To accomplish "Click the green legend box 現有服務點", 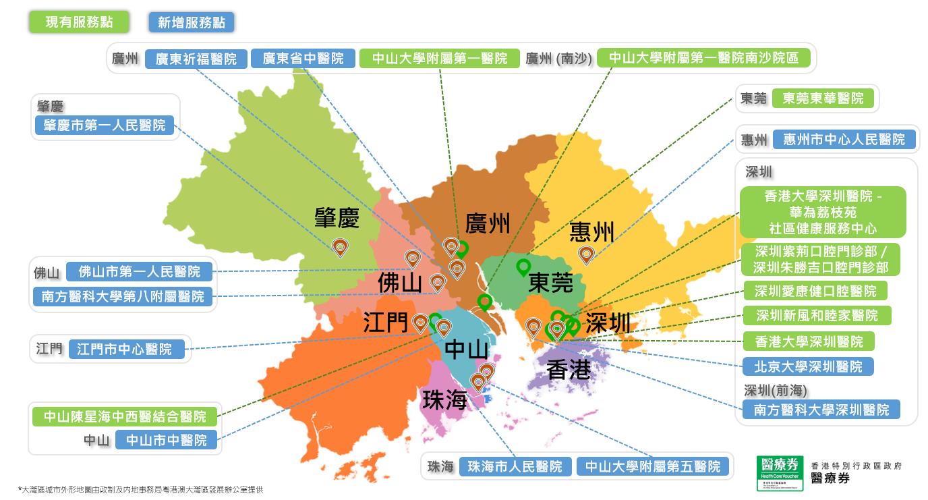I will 79,22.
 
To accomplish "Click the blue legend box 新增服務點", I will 192,22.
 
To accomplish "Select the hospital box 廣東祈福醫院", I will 196,59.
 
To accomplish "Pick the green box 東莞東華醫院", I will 823,99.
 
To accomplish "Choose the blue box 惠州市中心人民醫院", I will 844,140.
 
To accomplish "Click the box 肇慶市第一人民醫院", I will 104,126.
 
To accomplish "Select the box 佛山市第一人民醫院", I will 140,272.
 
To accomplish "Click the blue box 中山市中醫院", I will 167,441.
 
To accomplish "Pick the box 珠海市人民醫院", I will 515,466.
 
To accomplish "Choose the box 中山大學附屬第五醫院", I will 652,466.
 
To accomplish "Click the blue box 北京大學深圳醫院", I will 808,366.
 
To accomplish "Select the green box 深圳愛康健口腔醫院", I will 815,291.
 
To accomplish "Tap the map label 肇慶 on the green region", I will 337,218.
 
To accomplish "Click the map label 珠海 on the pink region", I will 444,399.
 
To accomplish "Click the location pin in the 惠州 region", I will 586,254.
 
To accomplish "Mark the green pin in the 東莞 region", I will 523,267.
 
